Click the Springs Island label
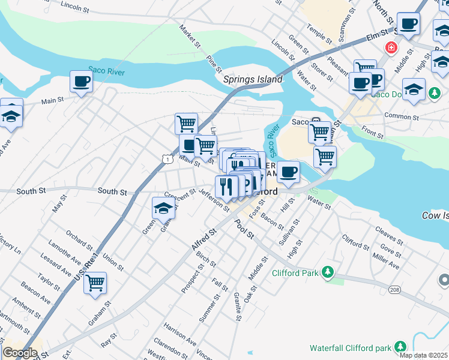point(252,79)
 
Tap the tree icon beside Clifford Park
point(327,273)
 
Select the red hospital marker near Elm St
point(391,47)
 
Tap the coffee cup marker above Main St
point(81,82)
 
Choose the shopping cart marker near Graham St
point(95,283)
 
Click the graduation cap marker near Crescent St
point(163,208)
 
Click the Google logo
point(20,353)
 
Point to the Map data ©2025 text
point(424,355)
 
